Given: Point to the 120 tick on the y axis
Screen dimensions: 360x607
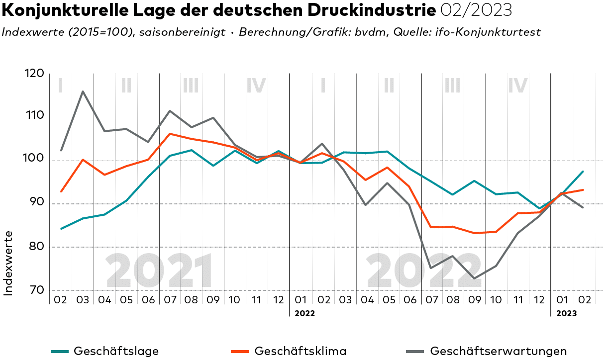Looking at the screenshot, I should point(35,74).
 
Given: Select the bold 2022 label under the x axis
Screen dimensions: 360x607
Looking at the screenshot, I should point(304,314).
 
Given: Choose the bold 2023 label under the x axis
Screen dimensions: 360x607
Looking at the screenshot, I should point(566,314).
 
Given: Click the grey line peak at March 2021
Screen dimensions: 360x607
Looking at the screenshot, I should point(83,91).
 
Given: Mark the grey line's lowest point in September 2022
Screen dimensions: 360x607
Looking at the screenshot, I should point(474,278).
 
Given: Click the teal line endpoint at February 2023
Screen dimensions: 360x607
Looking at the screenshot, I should point(583,172).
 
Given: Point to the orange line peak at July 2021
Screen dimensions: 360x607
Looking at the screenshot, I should point(170,133).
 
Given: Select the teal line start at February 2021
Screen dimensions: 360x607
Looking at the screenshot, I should point(61,229).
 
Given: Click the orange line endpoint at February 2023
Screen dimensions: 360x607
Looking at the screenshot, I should point(583,189).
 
